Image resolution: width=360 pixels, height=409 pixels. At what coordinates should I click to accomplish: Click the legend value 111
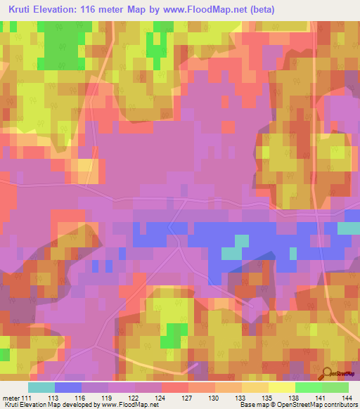(26, 397)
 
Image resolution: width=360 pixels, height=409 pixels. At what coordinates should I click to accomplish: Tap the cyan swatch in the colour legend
(41, 387)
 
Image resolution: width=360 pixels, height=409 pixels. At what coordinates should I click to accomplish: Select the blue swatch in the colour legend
(68, 387)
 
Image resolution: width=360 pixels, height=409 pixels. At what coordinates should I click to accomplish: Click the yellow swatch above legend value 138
(282, 387)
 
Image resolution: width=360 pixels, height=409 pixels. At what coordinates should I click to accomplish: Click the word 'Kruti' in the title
(23, 9)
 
